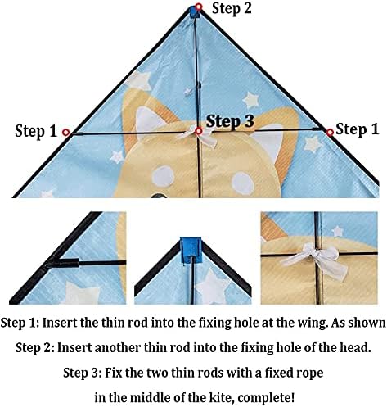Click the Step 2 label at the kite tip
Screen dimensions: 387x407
232,8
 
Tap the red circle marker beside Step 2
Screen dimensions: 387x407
199,7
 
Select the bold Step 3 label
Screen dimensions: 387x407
230,121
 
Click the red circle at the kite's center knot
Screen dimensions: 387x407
199,131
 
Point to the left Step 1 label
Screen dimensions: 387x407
36,131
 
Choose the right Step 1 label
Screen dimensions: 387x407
358,129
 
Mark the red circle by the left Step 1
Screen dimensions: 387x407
65,133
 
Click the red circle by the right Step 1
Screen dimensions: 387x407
330,133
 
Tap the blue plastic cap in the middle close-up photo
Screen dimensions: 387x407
191,251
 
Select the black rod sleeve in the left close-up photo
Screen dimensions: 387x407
63,263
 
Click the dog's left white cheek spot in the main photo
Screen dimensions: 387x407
163,176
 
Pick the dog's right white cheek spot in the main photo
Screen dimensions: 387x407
243,183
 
